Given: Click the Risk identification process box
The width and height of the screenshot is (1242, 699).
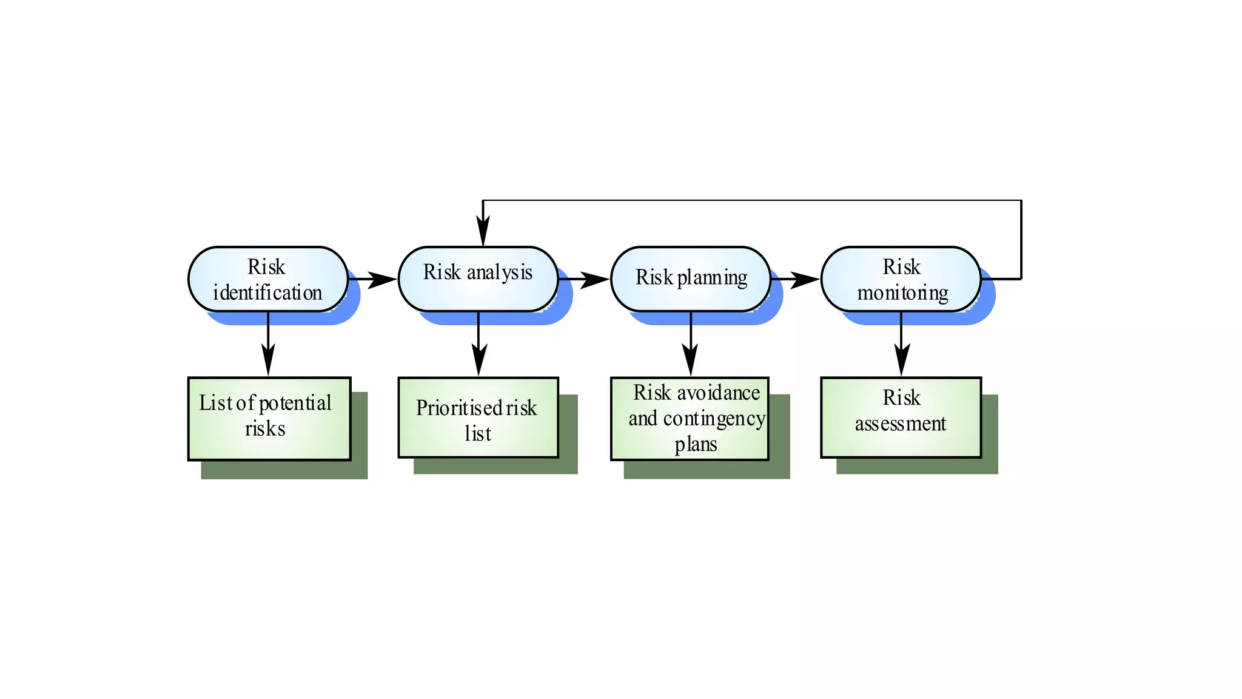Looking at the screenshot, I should pyautogui.click(x=267, y=279).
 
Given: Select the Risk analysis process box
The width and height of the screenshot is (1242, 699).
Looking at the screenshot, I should pyautogui.click(x=478, y=279).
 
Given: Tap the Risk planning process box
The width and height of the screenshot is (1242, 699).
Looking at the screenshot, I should pyautogui.click(x=690, y=279).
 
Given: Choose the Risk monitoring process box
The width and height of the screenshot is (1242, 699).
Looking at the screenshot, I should pyautogui.click(x=901, y=279).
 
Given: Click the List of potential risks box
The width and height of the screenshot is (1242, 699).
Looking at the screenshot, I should pyautogui.click(x=269, y=418).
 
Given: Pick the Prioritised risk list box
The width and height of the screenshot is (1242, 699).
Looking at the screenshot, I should pyautogui.click(x=478, y=417).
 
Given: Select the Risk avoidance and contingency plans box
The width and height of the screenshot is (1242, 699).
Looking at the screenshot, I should pyautogui.click(x=690, y=419).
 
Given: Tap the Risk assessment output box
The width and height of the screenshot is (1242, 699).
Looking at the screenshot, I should pyautogui.click(x=901, y=417).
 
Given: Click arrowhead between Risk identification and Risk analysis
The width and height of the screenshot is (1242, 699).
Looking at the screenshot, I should pyautogui.click(x=383, y=280).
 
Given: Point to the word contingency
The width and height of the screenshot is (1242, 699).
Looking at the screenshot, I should pyautogui.click(x=714, y=419).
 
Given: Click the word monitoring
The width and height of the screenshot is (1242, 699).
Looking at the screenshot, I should pyautogui.click(x=902, y=293).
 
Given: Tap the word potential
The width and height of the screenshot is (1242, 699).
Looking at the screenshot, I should pyautogui.click(x=295, y=403).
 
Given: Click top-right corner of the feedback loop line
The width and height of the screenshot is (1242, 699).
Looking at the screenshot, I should pyautogui.click(x=1021, y=200).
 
